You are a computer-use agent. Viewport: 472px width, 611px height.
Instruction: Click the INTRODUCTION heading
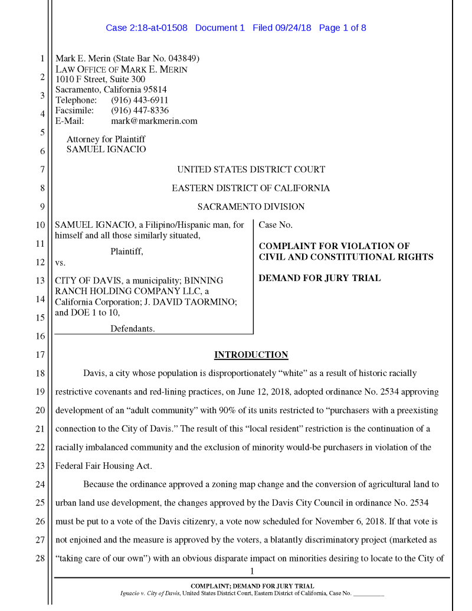pyautogui.click(x=251, y=355)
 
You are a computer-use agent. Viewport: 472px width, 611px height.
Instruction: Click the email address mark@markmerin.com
pyautogui.click(x=154, y=121)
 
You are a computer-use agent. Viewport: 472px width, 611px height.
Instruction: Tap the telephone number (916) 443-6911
pyautogui.click(x=139, y=100)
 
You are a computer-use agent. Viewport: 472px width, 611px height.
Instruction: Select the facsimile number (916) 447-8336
pyautogui.click(x=139, y=110)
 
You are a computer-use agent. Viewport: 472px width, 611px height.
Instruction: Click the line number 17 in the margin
pyautogui.click(x=40, y=355)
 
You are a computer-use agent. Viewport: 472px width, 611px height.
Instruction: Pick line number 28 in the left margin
pyautogui.click(x=40, y=558)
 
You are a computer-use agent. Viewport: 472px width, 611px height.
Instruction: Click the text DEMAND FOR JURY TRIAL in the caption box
pyautogui.click(x=320, y=278)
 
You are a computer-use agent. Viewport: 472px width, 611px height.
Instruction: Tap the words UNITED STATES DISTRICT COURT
pyautogui.click(x=251, y=169)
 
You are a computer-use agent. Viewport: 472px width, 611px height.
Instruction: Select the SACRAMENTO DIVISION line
pyautogui.click(x=251, y=207)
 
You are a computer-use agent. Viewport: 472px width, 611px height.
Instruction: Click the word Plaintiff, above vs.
pyautogui.click(x=126, y=251)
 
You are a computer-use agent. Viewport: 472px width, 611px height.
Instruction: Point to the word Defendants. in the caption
pyautogui.click(x=132, y=329)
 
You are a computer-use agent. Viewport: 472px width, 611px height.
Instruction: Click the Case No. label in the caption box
pyautogui.click(x=276, y=225)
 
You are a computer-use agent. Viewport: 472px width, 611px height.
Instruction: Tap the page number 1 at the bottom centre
pyautogui.click(x=251, y=571)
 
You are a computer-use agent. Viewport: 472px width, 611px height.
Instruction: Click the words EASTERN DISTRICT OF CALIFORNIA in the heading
pyautogui.click(x=251, y=188)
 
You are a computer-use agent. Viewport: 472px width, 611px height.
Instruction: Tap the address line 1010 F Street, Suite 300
pyautogui.click(x=100, y=79)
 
